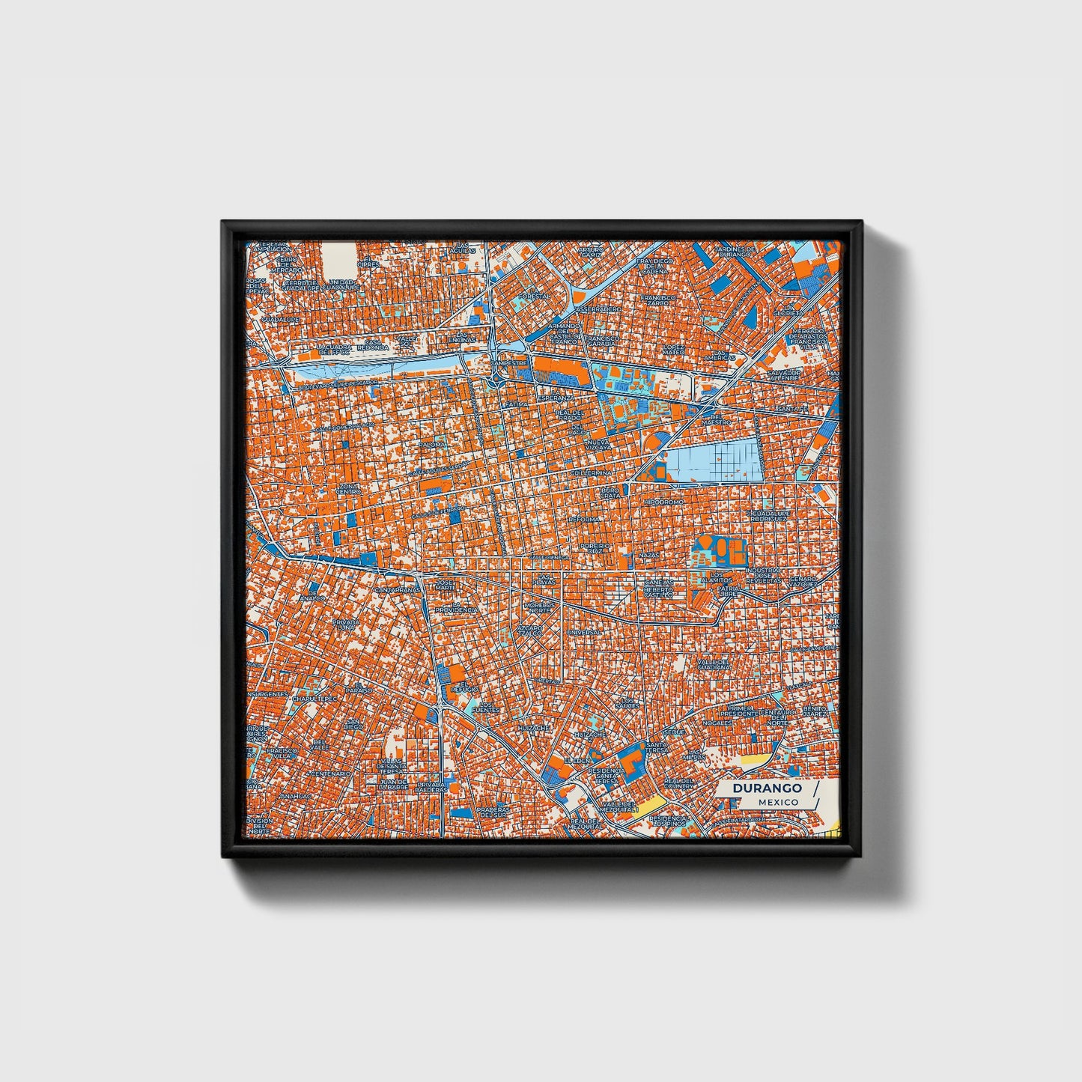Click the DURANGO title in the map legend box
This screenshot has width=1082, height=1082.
click(x=767, y=788)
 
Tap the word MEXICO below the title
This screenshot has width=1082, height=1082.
click(x=777, y=802)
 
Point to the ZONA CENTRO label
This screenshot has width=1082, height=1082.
click(x=349, y=488)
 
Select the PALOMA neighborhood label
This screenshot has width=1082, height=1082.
click(x=432, y=444)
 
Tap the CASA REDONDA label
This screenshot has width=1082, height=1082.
click(x=373, y=345)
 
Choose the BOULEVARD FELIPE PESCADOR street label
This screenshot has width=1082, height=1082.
click(x=337, y=383)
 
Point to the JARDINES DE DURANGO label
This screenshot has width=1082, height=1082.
click(x=734, y=251)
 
